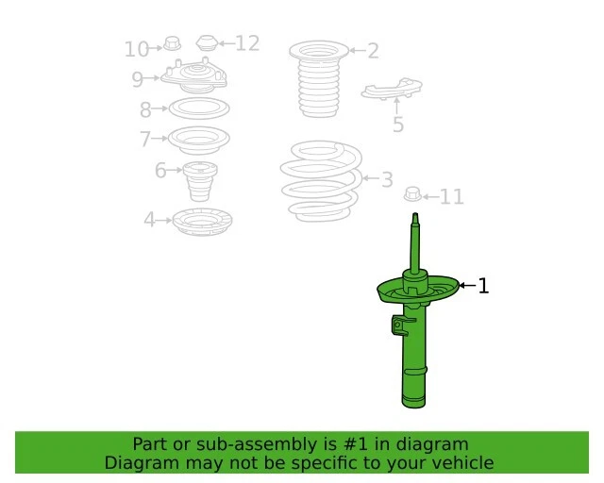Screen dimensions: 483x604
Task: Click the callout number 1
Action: click(483, 286)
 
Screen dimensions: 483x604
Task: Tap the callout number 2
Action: click(373, 51)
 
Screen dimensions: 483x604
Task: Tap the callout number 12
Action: click(246, 43)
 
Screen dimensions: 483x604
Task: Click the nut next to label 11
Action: click(411, 195)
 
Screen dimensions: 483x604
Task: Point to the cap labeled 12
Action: click(207, 42)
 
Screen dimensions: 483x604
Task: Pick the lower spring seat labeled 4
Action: click(203, 223)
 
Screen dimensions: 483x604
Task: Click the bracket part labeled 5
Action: click(392, 92)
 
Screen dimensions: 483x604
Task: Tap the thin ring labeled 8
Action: click(199, 108)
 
